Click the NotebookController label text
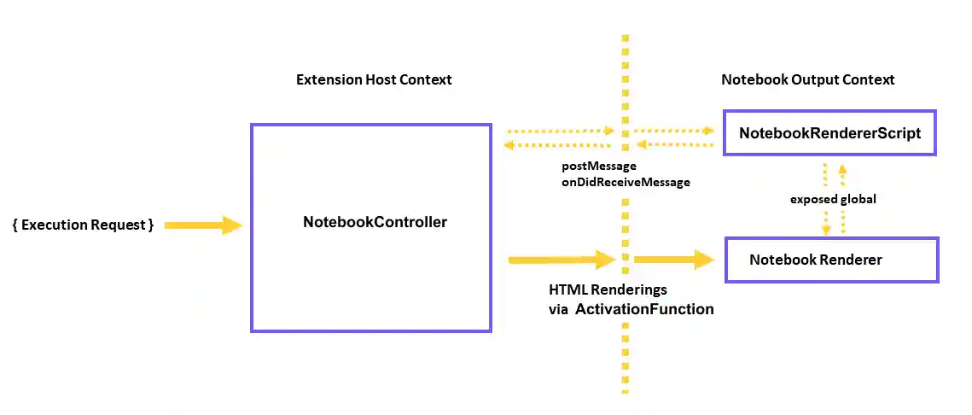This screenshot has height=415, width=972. (x=375, y=222)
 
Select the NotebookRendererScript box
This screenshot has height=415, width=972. (x=829, y=132)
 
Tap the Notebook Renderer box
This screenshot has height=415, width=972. (x=831, y=260)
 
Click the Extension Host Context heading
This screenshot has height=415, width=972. (x=374, y=79)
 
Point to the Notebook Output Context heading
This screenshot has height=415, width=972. (x=807, y=79)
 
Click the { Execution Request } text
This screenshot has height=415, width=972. (x=83, y=225)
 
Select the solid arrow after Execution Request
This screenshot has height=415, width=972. (x=203, y=225)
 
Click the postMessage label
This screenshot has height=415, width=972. (x=598, y=166)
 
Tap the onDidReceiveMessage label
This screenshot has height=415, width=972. (x=626, y=182)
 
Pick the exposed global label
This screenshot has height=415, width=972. (x=833, y=199)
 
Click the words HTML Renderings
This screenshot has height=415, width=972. (x=608, y=290)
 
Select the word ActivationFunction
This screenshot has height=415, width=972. (x=644, y=309)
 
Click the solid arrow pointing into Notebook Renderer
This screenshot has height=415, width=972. (x=674, y=260)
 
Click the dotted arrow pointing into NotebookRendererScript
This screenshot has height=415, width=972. (x=674, y=131)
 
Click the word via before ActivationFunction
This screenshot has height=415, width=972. (x=558, y=309)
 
